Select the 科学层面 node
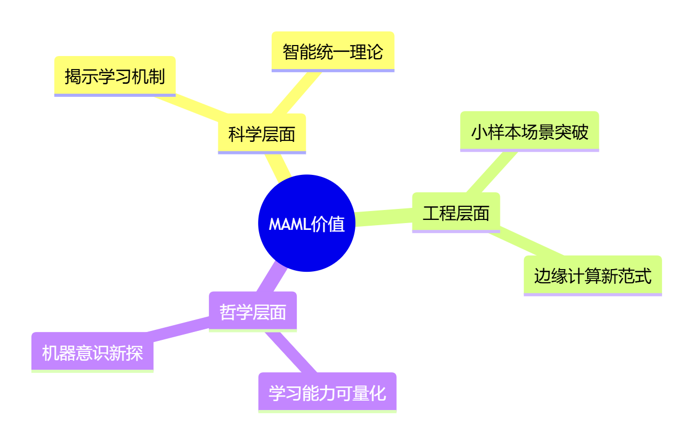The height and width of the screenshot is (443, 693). pos(262,134)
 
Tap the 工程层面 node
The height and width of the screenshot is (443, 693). pos(456,213)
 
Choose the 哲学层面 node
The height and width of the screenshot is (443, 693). pos(253,312)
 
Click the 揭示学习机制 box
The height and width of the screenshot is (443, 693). pos(115,76)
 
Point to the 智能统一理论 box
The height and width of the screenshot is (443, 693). pos(333,52)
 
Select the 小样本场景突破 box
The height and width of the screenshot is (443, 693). pos(529,131)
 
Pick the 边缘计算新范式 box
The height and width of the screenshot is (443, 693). pos(593,275)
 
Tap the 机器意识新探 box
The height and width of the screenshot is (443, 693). pos(93,352)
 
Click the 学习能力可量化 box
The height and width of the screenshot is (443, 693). pos(327,393)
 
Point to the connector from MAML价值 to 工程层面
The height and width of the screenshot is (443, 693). pos(384,217)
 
